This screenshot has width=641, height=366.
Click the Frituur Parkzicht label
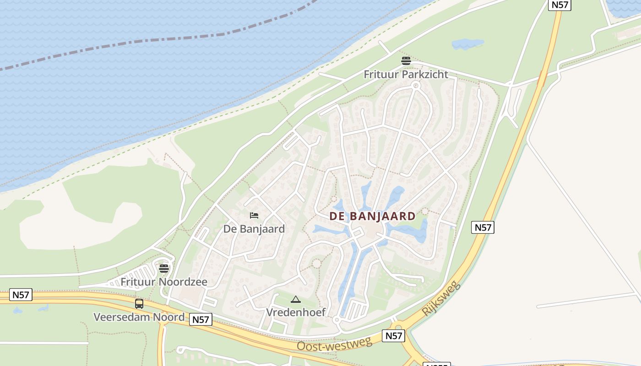(x=406, y=74)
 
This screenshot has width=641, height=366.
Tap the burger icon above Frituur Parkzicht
(x=406, y=60)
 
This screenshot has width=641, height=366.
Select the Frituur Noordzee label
(x=163, y=282)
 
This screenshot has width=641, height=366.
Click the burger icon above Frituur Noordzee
(x=164, y=268)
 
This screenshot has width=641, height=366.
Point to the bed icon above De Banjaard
(x=254, y=215)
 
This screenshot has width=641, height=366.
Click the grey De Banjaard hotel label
(x=254, y=229)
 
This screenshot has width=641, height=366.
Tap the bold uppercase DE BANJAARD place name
(x=373, y=216)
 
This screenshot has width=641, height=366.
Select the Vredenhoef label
(x=296, y=312)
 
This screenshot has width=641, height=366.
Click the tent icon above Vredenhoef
(x=296, y=300)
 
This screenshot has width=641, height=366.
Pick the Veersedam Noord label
(x=139, y=317)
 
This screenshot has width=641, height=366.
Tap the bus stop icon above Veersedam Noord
(x=139, y=303)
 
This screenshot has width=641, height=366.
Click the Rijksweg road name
(x=440, y=298)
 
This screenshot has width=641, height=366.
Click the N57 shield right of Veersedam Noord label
(x=201, y=319)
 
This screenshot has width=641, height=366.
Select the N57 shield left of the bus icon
(x=21, y=295)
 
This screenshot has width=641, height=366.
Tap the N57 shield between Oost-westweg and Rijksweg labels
(x=393, y=336)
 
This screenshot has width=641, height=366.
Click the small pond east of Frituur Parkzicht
(x=467, y=44)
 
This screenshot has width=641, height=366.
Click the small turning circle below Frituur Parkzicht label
(x=416, y=85)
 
